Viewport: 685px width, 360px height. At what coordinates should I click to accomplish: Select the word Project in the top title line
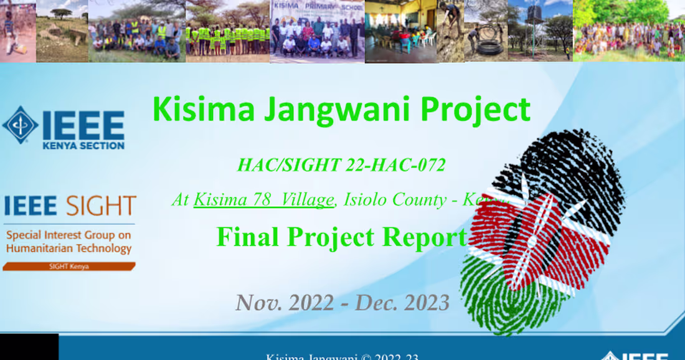tap(475, 110)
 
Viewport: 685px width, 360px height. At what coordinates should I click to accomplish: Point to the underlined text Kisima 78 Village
tap(263, 200)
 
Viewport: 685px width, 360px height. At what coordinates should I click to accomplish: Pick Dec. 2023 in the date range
tap(402, 303)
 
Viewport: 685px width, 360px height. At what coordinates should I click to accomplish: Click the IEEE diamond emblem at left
tap(20, 125)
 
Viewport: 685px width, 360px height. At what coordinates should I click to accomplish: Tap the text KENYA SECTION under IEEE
tap(83, 146)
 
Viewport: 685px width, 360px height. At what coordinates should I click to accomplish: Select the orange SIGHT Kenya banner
tap(68, 267)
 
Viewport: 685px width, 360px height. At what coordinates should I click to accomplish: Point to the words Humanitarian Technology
tap(68, 249)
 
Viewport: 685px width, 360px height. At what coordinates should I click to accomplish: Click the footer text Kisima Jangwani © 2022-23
tap(342, 357)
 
